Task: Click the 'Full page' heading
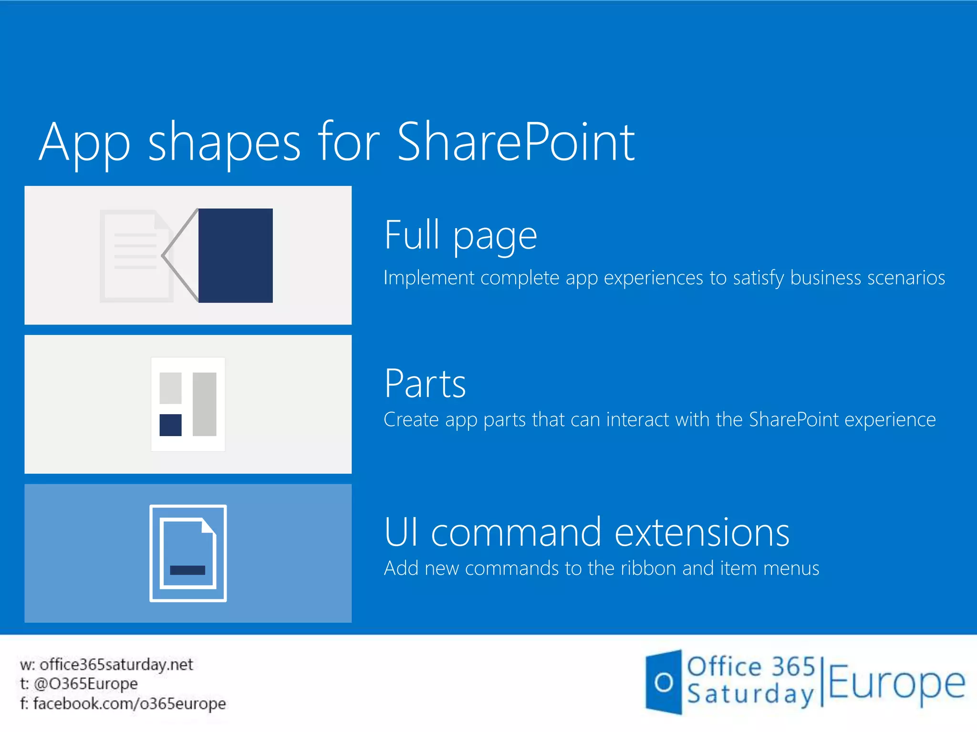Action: [x=460, y=235]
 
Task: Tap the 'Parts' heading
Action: [x=425, y=384]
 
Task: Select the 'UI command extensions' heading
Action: [x=586, y=532]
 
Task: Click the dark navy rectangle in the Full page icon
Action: [x=235, y=255]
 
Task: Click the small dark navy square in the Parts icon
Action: [x=170, y=425]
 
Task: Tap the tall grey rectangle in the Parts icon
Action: [x=205, y=404]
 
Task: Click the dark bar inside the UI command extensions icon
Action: [x=187, y=570]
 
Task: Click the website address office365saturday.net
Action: [x=116, y=664]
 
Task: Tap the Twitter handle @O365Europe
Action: [x=86, y=684]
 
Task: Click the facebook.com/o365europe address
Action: [x=129, y=703]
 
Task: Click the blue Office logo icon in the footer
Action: [x=663, y=682]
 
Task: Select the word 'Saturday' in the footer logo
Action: [x=750, y=694]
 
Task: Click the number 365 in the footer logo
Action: [x=793, y=666]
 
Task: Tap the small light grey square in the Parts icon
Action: [x=170, y=388]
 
